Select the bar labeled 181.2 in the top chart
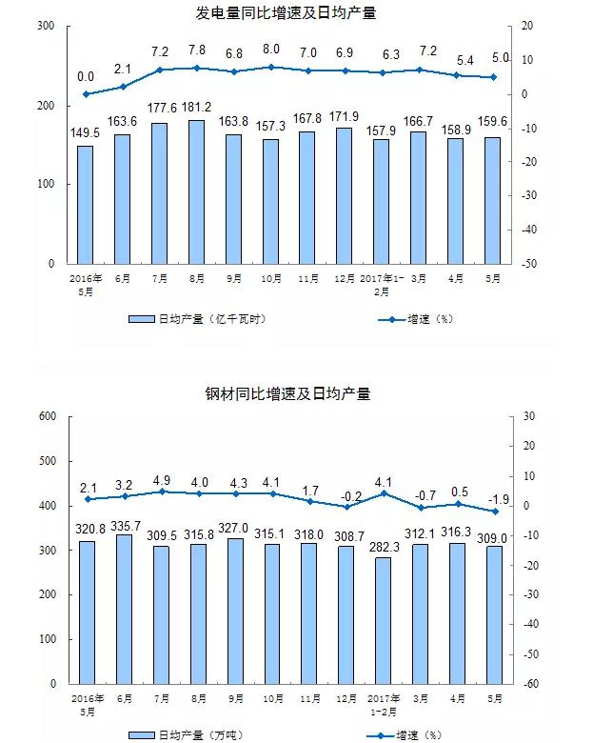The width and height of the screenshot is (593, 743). [197, 191]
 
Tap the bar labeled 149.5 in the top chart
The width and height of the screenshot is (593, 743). [86, 204]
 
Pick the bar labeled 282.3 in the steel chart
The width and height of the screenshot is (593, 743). [383, 620]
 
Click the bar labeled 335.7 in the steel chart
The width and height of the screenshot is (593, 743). [124, 609]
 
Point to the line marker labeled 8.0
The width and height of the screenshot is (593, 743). [271, 67]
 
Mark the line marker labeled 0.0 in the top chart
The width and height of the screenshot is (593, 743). [86, 94]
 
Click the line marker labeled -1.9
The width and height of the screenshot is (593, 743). [494, 512]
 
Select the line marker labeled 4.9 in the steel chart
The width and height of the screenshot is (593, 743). [161, 492]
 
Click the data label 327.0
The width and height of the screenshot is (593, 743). [234, 528]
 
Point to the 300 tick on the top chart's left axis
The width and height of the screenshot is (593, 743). [45, 26]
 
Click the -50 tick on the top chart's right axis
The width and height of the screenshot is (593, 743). [528, 263]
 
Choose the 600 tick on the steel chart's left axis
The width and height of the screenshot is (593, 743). [46, 416]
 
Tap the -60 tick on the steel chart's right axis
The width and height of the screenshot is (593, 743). [528, 684]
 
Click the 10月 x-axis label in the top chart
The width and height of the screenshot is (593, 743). [271, 279]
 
